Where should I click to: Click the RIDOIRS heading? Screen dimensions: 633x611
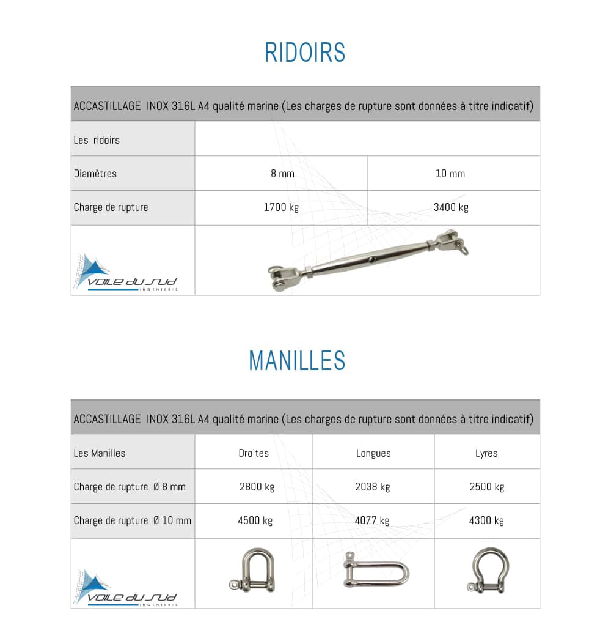click(305, 53)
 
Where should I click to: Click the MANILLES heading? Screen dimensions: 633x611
click(297, 360)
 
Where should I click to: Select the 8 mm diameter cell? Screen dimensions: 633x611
click(282, 174)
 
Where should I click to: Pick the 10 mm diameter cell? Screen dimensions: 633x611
click(450, 174)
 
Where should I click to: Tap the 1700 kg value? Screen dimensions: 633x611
click(281, 207)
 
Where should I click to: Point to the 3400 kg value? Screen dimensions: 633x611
click(451, 207)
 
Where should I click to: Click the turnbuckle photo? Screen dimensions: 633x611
click(368, 259)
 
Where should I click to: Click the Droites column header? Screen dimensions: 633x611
click(254, 453)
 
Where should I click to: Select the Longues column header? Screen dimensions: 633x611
click(373, 453)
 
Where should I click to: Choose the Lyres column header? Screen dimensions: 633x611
click(486, 453)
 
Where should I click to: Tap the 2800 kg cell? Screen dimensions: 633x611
click(257, 487)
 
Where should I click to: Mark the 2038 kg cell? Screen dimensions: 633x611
click(372, 487)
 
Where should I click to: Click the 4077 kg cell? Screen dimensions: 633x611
click(372, 520)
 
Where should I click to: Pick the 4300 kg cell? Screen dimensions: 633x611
click(486, 520)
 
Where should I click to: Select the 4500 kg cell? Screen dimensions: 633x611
click(255, 520)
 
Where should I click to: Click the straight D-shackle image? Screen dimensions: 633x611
click(253, 569)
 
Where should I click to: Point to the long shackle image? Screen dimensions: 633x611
click(375, 570)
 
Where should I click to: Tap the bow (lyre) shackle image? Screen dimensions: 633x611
click(488, 571)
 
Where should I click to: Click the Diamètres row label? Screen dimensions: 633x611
click(95, 174)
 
